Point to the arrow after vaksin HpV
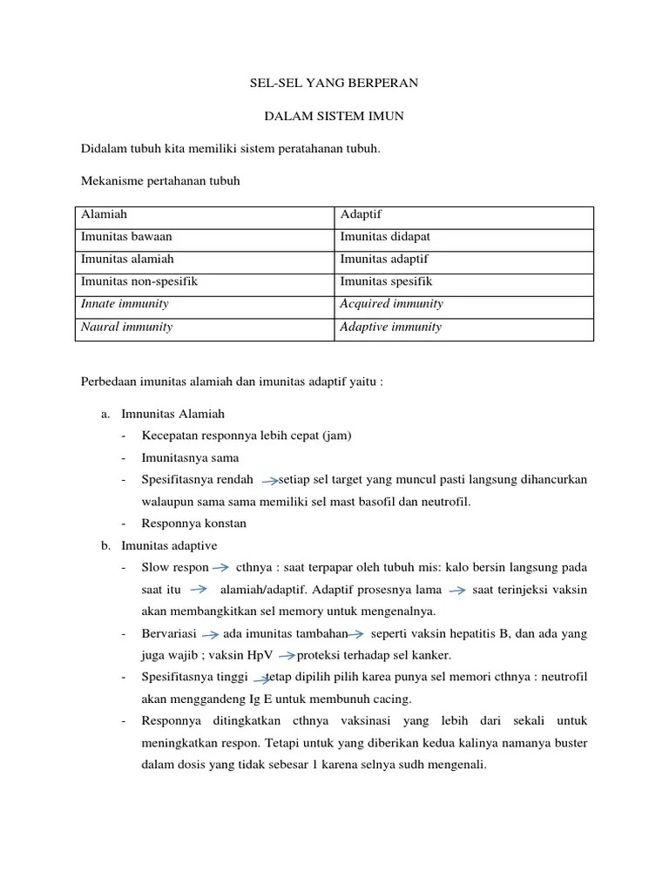287,656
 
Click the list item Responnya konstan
194,524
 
